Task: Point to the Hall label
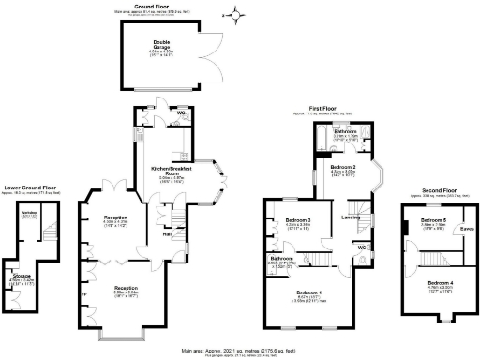click(x=166, y=234)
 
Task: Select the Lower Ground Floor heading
click(x=27, y=187)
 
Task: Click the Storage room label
click(x=22, y=275)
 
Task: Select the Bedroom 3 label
click(x=297, y=221)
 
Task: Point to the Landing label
click(x=352, y=217)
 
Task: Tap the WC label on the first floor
click(x=361, y=247)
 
